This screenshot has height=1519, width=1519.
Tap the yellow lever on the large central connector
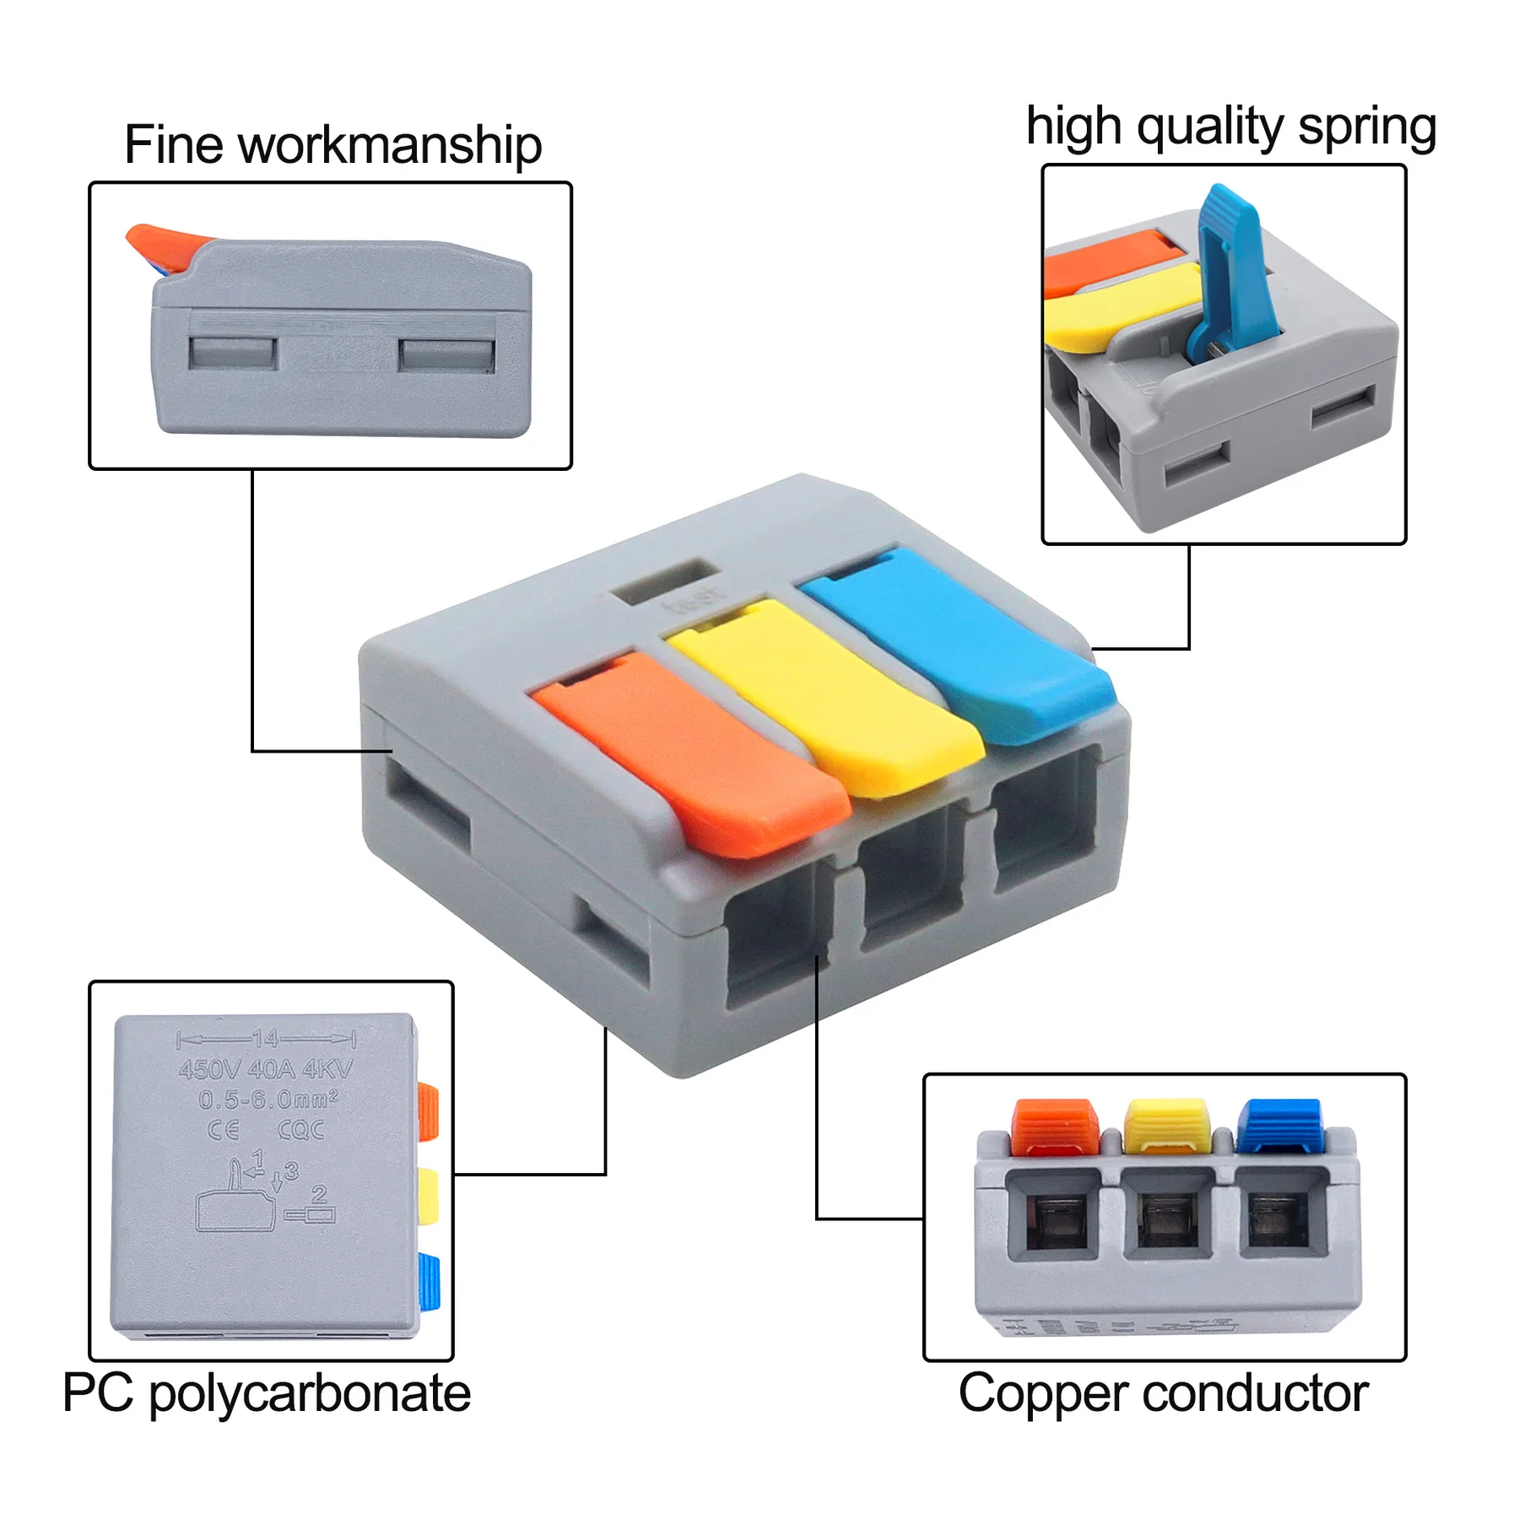[x=823, y=692]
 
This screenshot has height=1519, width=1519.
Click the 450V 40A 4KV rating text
[x=266, y=1070]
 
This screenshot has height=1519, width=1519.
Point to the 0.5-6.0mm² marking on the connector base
[x=268, y=1100]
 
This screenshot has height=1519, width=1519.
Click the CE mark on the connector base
[x=224, y=1130]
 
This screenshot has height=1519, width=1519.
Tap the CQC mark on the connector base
[x=301, y=1130]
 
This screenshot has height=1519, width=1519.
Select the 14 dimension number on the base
[x=265, y=1039]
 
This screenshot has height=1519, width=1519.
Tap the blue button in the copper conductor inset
[x=1279, y=1125]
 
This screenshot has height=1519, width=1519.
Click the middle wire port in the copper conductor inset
[x=1167, y=1215]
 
